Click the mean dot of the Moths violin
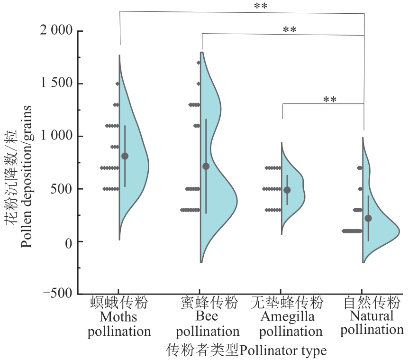[x=125, y=156]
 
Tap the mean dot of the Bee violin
[x=206, y=166]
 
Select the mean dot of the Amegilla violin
[x=287, y=190]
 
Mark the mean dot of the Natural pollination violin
[x=368, y=218]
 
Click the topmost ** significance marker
[x=260, y=6]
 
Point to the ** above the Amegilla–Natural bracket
[x=330, y=100]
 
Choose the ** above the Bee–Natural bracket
[x=289, y=30]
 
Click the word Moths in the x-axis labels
[x=118, y=316]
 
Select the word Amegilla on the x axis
[x=287, y=316]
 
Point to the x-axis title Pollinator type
[x=283, y=351]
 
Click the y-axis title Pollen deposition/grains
[x=27, y=176]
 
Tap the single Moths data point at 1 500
[x=117, y=83]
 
